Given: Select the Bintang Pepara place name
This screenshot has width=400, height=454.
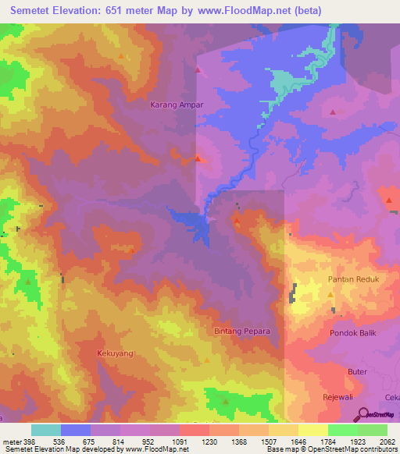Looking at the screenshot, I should pyautogui.click(x=242, y=332).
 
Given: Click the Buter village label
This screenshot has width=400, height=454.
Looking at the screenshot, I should pyautogui.click(x=357, y=372).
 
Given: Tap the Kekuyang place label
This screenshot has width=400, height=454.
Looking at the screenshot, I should pyautogui.click(x=115, y=353).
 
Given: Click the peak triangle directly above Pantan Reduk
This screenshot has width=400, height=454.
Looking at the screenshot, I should pyautogui.click(x=330, y=295).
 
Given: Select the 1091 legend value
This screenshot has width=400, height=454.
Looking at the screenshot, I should pyautogui.click(x=179, y=442).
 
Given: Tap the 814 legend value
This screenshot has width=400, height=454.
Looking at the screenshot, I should pyautogui.click(x=120, y=442).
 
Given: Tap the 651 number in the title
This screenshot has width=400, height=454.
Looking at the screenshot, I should pyautogui.click(x=132, y=11).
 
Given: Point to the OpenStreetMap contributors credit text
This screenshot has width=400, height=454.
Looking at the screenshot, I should pyautogui.click(x=355, y=450).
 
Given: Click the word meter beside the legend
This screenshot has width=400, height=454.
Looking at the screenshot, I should pyautogui.click(x=12, y=442).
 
